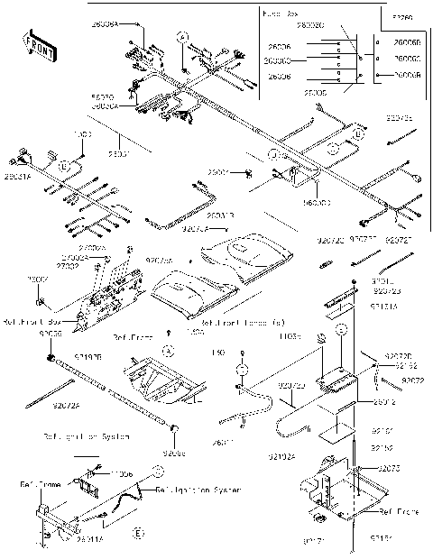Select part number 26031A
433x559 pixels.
pos(18,177)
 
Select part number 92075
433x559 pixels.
pos(389,469)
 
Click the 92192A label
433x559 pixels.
pos(281,456)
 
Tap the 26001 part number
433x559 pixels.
pos(218,171)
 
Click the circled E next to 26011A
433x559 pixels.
pos(138,534)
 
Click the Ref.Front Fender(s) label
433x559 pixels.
pos(244,322)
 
